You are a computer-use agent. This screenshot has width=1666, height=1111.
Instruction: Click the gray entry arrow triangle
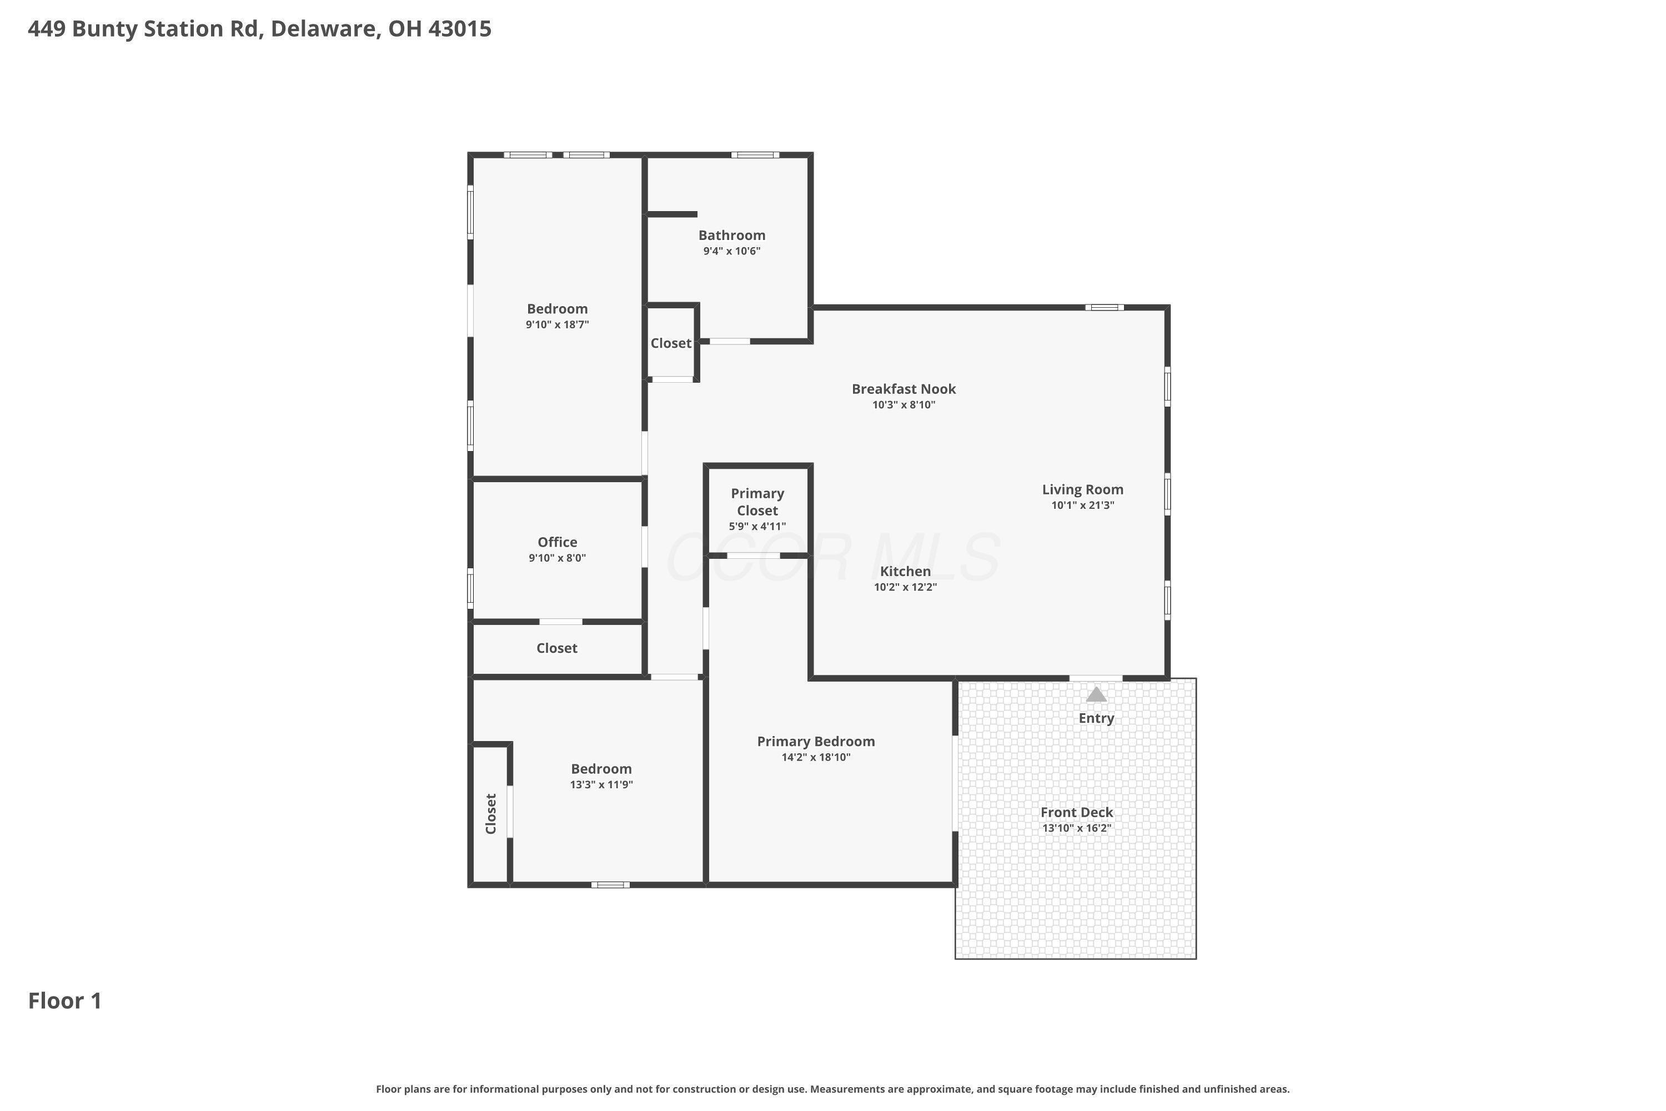pyautogui.click(x=1096, y=694)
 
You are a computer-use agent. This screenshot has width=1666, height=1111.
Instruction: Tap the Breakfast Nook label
pyautogui.click(x=904, y=389)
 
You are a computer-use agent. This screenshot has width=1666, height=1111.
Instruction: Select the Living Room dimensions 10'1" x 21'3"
pyautogui.click(x=1082, y=505)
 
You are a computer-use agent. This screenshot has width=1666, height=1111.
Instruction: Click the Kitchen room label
pyautogui.click(x=905, y=571)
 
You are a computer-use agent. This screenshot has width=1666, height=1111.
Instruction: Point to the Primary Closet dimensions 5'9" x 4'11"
pyautogui.click(x=757, y=527)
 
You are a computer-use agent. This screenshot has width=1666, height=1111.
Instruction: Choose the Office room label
pyautogui.click(x=558, y=542)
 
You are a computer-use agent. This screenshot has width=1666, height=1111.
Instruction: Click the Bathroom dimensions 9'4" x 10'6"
pyautogui.click(x=732, y=251)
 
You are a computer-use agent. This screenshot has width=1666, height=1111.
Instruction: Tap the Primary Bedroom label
pyautogui.click(x=816, y=741)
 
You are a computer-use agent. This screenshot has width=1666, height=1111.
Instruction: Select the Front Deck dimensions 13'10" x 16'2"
pyautogui.click(x=1077, y=828)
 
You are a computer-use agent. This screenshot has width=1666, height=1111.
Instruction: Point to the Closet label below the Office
pyautogui.click(x=557, y=648)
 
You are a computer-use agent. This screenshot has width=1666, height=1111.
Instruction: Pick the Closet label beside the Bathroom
pyautogui.click(x=671, y=343)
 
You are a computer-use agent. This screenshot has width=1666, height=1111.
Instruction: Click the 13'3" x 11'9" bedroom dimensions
pyautogui.click(x=601, y=784)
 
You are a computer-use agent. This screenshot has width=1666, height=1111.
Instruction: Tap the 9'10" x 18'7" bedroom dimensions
pyautogui.click(x=558, y=324)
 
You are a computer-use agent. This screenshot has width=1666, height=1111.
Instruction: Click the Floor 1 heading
pyautogui.click(x=65, y=1000)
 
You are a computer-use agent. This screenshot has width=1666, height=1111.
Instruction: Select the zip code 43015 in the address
pyautogui.click(x=460, y=28)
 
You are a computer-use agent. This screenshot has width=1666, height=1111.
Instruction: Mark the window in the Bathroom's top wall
pyautogui.click(x=755, y=154)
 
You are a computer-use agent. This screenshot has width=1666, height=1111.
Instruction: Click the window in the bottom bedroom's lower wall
pyautogui.click(x=610, y=884)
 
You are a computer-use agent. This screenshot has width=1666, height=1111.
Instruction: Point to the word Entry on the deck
pyautogui.click(x=1096, y=718)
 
